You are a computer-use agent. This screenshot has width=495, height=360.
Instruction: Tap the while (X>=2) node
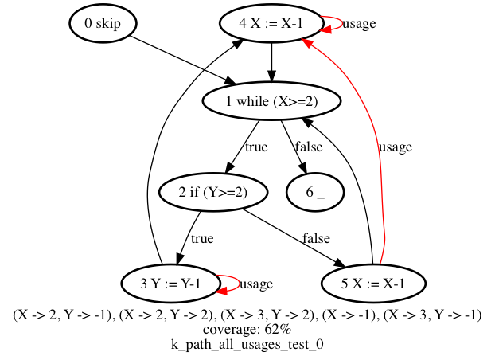pos(271,100)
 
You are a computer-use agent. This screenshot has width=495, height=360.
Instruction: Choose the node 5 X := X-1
pos(373,284)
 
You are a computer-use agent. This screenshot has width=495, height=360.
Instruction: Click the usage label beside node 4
pos(359,23)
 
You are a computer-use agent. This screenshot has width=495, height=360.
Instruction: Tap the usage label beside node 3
pos(256,284)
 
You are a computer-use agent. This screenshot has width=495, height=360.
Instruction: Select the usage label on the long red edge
pos(396,147)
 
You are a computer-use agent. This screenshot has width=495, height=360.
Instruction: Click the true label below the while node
pos(256,147)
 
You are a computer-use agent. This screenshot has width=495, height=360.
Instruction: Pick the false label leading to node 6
pos(309,147)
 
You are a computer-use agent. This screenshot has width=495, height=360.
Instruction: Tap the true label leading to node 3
pos(202,238)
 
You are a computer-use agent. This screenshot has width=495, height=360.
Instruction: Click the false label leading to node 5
pos(316,238)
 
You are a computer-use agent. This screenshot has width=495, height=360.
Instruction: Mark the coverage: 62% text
pos(247,330)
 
